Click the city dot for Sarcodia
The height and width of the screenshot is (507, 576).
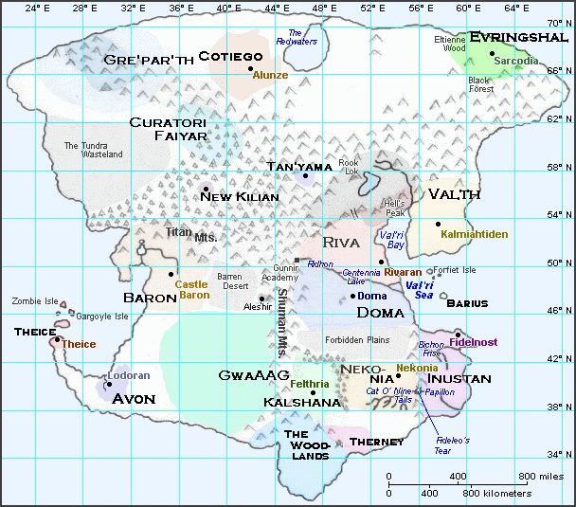[x=492, y=53]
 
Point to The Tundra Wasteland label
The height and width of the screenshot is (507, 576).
[x=93, y=150]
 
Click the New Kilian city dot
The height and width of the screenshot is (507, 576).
[x=205, y=189]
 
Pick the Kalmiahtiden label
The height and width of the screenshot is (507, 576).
[x=475, y=234]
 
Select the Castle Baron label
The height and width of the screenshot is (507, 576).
[x=193, y=289]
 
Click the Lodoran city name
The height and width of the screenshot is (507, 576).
[x=129, y=375]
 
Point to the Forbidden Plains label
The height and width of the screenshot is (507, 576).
[x=357, y=340]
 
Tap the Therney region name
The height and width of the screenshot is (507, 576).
[x=376, y=442]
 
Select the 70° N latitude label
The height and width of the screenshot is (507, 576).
[x=560, y=21]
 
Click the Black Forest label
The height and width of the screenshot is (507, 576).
[x=480, y=85]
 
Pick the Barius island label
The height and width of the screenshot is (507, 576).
[x=467, y=303]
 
